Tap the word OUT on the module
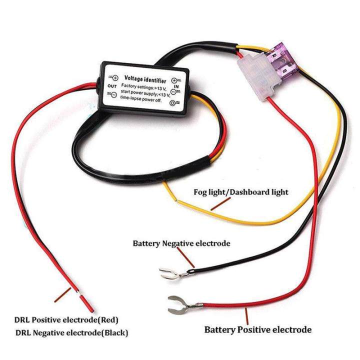click(x=111, y=85)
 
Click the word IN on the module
click(x=175, y=86)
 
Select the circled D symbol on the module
click(x=173, y=103)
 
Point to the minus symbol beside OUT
click(x=114, y=94)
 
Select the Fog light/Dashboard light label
click(x=241, y=192)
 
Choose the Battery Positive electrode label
click(x=257, y=329)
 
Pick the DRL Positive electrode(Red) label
click(x=66, y=320)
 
